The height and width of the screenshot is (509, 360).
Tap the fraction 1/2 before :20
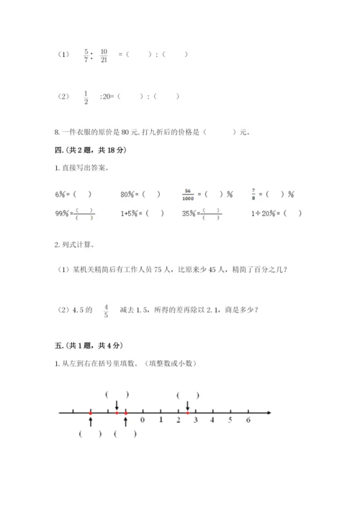[x=86, y=96]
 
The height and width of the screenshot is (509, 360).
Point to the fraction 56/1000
[x=190, y=194]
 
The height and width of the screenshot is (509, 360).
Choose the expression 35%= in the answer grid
[x=191, y=213]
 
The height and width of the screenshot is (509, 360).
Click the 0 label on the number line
[x=143, y=420]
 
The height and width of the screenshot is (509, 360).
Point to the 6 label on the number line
[x=248, y=420]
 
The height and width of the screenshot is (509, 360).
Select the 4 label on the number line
[x=212, y=420]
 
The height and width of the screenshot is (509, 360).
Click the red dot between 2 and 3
[x=188, y=413]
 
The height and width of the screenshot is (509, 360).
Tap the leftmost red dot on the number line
[x=91, y=413]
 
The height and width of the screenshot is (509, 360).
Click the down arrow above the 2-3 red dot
[x=188, y=405]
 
